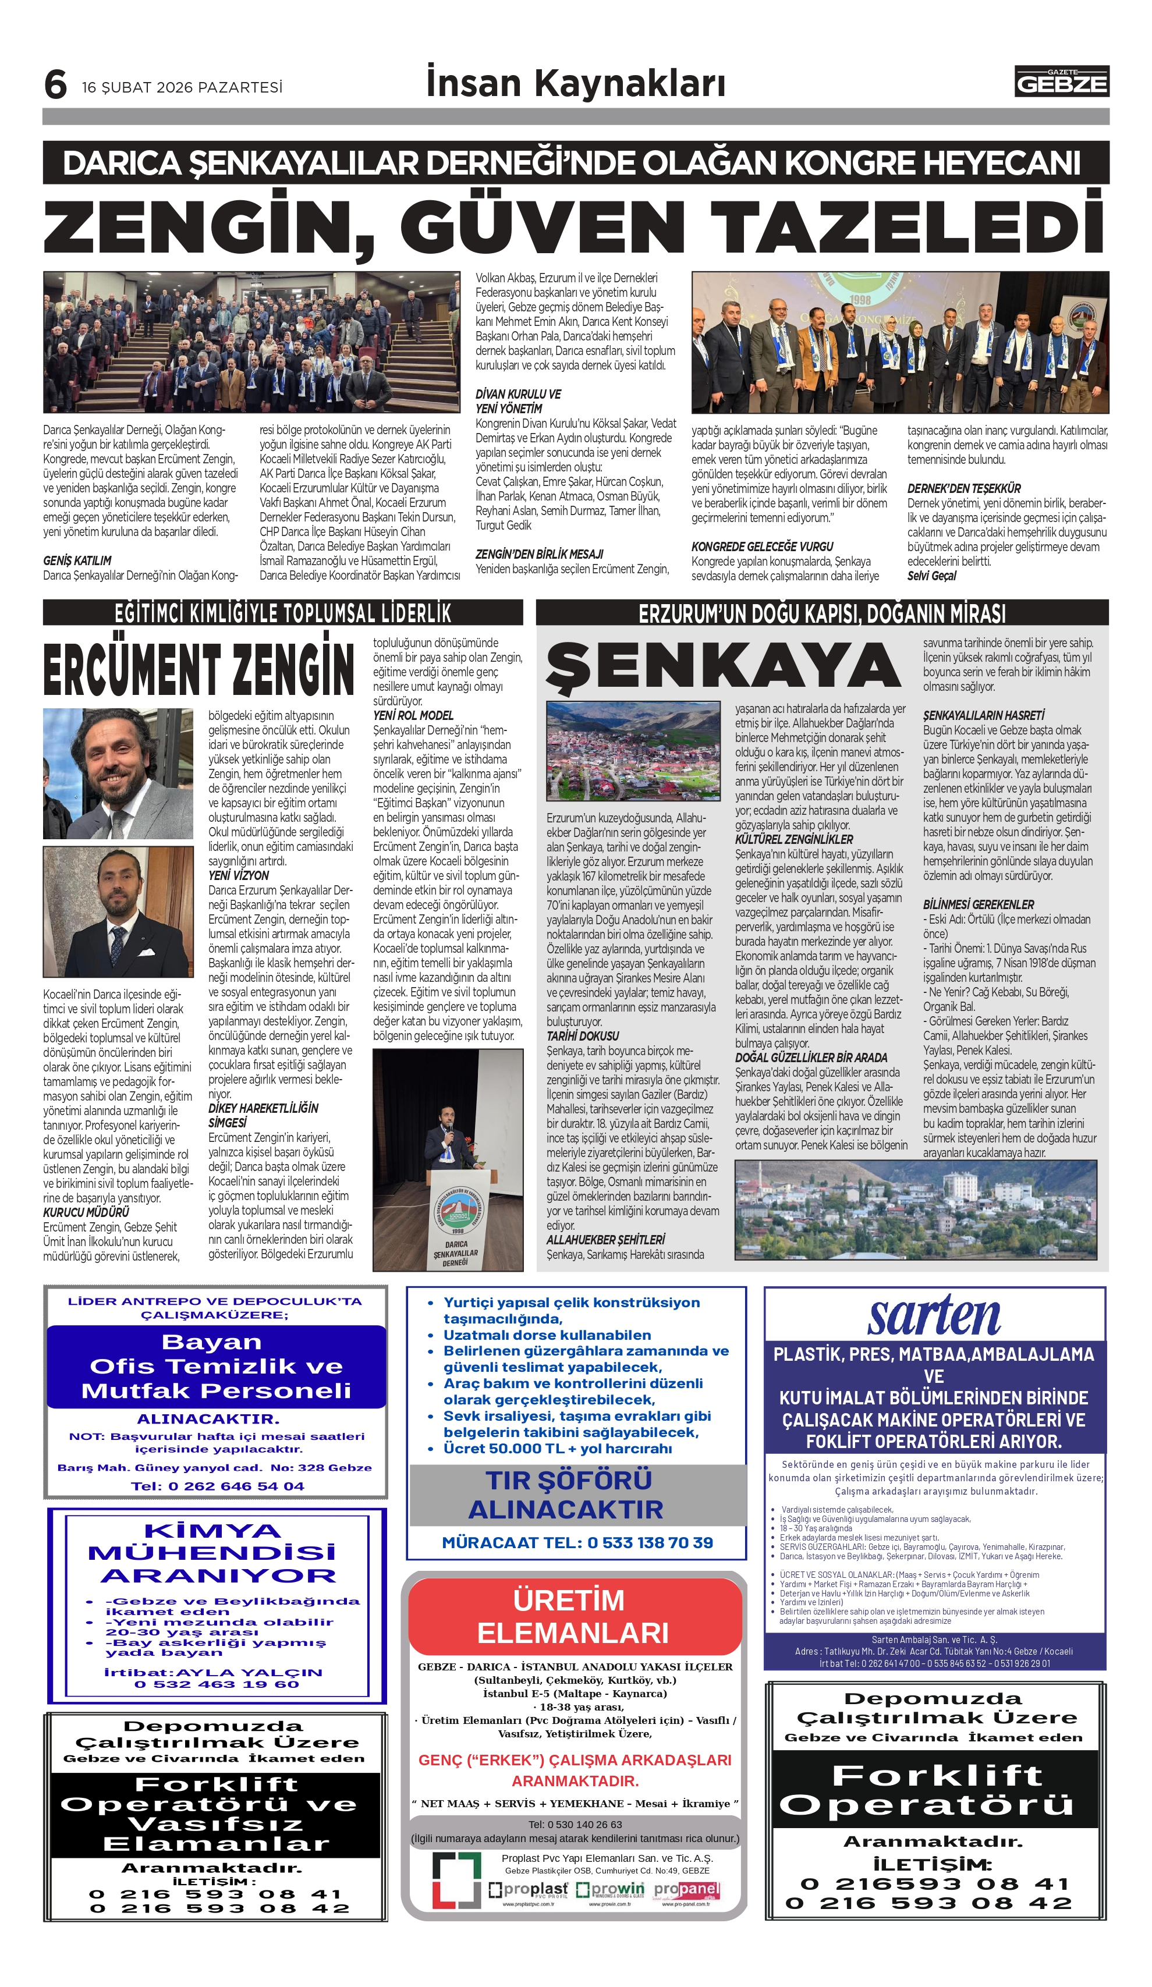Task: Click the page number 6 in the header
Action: pyautogui.click(x=55, y=84)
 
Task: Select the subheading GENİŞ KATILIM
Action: pyautogui.click(x=77, y=560)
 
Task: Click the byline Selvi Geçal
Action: pyautogui.click(x=931, y=576)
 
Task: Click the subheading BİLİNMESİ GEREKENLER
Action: pyautogui.click(x=978, y=904)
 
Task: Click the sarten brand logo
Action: pyautogui.click(x=934, y=1316)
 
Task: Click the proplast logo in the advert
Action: pyautogui.click(x=527, y=1890)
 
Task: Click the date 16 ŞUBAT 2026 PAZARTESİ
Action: pyautogui.click(x=182, y=87)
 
